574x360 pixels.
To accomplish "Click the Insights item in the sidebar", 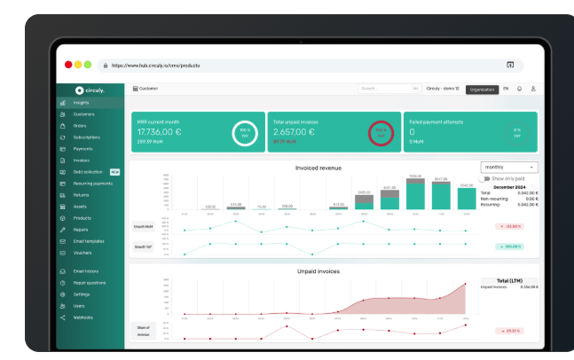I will point(82,103).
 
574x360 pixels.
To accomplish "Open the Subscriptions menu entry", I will point(87,137).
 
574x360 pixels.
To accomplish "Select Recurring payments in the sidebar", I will point(92,183).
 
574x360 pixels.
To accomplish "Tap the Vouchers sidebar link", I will point(83,253).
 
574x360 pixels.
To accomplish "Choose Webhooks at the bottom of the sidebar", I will point(83,317).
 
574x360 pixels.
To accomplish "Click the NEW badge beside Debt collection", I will point(114,171).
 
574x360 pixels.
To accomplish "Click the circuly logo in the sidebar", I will point(90,89).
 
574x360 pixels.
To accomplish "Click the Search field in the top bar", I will point(389,89).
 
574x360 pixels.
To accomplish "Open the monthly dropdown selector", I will point(508,167).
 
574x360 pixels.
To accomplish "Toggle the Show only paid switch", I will point(484,178).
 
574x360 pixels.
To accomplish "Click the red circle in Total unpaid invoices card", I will point(380,135).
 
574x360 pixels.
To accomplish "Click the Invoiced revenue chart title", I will point(318,167).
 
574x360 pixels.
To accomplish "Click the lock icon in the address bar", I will point(105,66).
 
